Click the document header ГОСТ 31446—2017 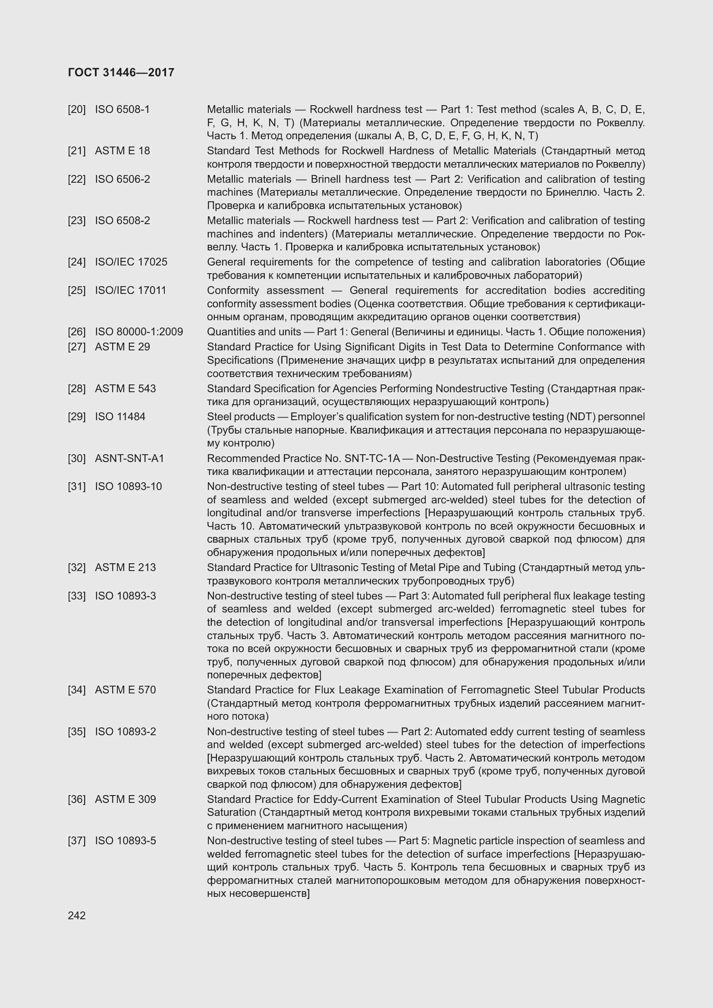121,72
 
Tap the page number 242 77,915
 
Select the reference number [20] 77,109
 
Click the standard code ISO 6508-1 122,109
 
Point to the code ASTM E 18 122,150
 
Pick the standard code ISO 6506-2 122,179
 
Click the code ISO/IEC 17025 131,262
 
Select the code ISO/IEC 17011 130,290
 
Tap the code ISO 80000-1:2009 139,331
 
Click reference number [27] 77,347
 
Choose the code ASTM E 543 125,389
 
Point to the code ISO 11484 120,417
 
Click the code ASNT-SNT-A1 129,459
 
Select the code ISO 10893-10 128,487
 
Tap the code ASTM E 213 125,567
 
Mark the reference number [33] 77,596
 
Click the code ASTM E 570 125,690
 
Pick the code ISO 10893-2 125,731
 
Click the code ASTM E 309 125,799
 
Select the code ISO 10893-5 125,841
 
